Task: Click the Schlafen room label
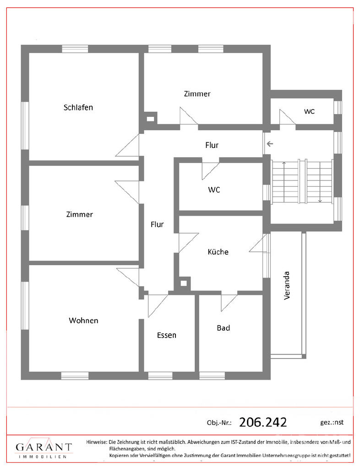click(x=78, y=107)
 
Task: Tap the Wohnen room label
click(x=83, y=321)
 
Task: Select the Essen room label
click(x=167, y=335)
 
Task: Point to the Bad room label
click(x=224, y=328)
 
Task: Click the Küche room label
click(x=218, y=252)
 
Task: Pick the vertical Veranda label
click(x=287, y=285)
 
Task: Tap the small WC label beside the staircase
click(x=310, y=112)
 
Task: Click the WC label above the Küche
click(x=214, y=190)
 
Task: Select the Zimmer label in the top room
click(x=197, y=94)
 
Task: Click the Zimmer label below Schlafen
click(x=80, y=214)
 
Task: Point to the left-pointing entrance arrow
click(x=270, y=144)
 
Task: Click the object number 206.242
click(x=263, y=422)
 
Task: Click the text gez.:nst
click(x=332, y=422)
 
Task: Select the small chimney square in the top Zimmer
click(x=150, y=119)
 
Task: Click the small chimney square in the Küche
click(x=184, y=283)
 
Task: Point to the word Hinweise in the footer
click(x=97, y=442)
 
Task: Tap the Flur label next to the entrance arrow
click(x=212, y=145)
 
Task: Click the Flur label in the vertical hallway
click(x=157, y=224)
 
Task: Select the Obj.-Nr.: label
click(x=219, y=423)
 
